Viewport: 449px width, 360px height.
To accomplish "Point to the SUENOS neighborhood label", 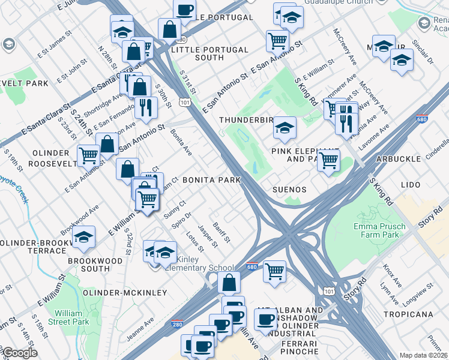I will coord(289,190).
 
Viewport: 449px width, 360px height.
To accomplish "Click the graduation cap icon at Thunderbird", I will coord(285,126).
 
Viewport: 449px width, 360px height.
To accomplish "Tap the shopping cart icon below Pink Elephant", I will coord(328,160).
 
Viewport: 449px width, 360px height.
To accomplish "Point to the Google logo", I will coord(19,353).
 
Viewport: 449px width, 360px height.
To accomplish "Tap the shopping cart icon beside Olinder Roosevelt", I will coord(88,155).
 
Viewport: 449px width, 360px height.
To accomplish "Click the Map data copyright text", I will coord(424,355).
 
